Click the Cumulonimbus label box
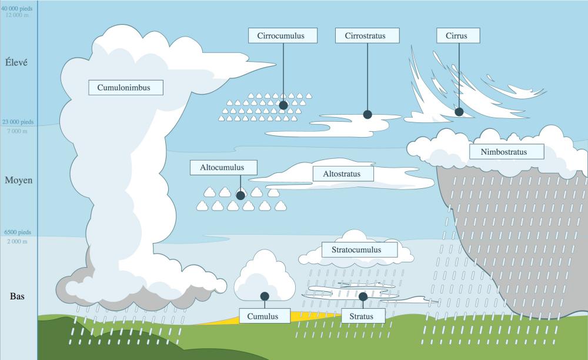point(126,88)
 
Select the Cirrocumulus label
point(283,36)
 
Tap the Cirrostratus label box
point(367,36)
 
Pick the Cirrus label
point(458,36)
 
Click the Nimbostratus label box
point(507,152)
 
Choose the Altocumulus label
point(223,168)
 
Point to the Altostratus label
point(343,174)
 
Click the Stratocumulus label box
point(359,250)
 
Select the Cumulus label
point(265,316)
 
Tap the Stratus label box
point(363,316)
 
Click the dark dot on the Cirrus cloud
point(459,112)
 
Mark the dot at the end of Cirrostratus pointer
point(367,114)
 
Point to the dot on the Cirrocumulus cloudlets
point(283,105)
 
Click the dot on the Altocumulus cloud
point(240,195)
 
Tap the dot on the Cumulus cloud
point(265,296)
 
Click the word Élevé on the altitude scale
point(16,62)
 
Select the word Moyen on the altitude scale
point(18,181)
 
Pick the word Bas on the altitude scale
point(17,296)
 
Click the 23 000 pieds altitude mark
point(18,122)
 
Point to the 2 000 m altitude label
point(17,242)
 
